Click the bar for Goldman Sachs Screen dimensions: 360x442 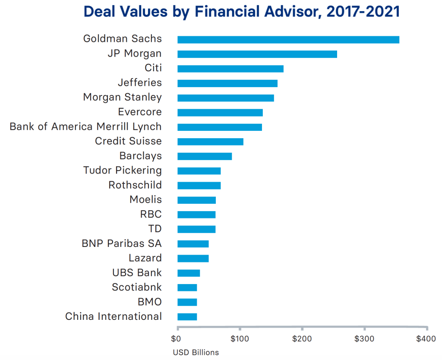point(288,40)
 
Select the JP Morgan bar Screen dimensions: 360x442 point(257,54)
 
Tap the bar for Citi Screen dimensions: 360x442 point(230,69)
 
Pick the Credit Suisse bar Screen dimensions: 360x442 point(210,142)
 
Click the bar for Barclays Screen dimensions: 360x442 point(204,156)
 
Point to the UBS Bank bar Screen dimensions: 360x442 point(189,273)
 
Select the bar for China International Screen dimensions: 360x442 point(187,317)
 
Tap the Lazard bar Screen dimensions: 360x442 point(193,258)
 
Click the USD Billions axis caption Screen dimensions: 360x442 point(196,352)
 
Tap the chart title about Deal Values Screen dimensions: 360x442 point(242,12)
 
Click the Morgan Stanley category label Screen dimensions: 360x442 point(122,97)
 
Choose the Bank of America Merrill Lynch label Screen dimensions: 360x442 point(85,126)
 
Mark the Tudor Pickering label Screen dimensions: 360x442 point(122,170)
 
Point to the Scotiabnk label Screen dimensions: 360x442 point(136,287)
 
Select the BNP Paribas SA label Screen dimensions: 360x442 point(121,243)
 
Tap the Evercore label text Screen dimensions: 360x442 point(140,112)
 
